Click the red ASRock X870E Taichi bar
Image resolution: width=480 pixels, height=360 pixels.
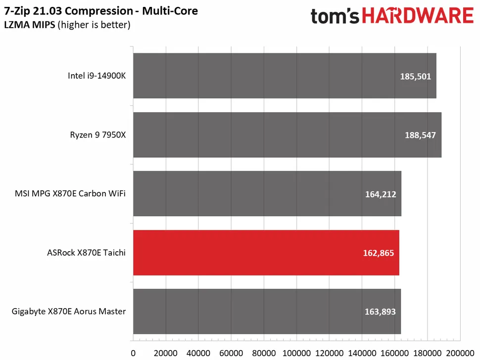[266, 253]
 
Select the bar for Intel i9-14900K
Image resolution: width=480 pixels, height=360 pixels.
[285, 76]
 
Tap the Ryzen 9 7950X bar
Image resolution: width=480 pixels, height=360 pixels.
[287, 135]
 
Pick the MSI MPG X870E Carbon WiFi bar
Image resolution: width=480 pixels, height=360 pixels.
[267, 193]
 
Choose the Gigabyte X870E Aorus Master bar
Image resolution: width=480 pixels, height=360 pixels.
[267, 312]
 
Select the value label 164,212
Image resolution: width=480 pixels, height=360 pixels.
[380, 194]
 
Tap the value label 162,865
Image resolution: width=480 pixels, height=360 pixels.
[378, 253]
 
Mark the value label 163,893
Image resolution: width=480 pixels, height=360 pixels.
[379, 312]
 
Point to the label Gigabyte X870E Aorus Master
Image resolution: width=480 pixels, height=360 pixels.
[69, 312]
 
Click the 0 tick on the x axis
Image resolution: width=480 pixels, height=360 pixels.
[133, 353]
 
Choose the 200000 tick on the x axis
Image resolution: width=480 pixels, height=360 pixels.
[460, 353]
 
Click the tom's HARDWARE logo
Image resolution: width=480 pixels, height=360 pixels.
[392, 16]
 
